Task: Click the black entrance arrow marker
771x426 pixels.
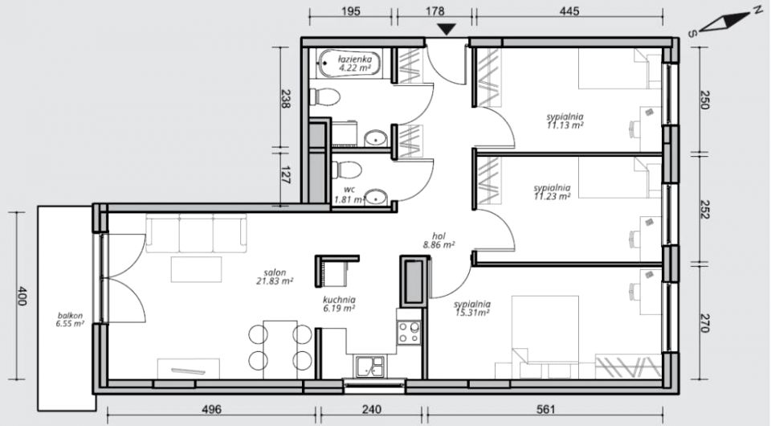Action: [x=447, y=30]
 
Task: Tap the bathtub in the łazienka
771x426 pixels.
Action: [x=349, y=63]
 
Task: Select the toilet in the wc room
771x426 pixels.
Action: [x=347, y=170]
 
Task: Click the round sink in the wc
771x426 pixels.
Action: [x=377, y=197]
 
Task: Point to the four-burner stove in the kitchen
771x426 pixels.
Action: [x=409, y=333]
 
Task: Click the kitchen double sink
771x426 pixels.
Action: [x=370, y=367]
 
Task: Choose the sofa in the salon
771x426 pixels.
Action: [x=196, y=233]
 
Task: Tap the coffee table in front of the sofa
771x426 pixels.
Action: [x=196, y=269]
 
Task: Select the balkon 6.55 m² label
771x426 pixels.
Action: [x=70, y=320]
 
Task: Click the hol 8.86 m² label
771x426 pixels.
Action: [x=439, y=240]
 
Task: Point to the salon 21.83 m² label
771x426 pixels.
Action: [x=275, y=277]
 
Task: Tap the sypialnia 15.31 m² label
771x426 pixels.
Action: [x=472, y=309]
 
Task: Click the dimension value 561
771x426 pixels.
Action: [x=546, y=409]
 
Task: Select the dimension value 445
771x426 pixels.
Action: [x=569, y=10]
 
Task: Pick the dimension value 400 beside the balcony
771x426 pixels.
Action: [x=22, y=296]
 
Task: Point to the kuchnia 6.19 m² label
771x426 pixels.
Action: [x=339, y=304]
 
